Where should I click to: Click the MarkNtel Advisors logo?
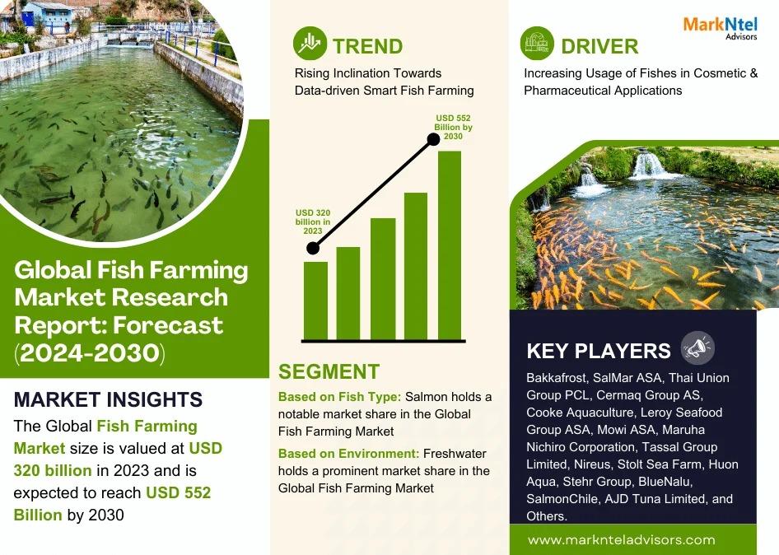pyautogui.click(x=720, y=28)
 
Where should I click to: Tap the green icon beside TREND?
pyautogui.click(x=310, y=43)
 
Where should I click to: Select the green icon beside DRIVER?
pyautogui.click(x=537, y=43)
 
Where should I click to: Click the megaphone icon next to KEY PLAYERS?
pyautogui.click(x=698, y=347)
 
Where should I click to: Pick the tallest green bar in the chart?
pyautogui.click(x=450, y=245)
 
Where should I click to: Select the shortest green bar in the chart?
pyautogui.click(x=315, y=301)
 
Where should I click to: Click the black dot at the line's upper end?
pyautogui.click(x=433, y=139)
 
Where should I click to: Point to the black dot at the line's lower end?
pyautogui.click(x=312, y=248)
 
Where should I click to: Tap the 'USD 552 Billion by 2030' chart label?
pyautogui.click(x=453, y=127)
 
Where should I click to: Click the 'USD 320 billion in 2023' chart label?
pyautogui.click(x=313, y=222)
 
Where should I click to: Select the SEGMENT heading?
pyautogui.click(x=329, y=371)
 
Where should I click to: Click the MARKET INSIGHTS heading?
pyautogui.click(x=109, y=399)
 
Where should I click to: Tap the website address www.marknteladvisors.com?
pyautogui.click(x=622, y=540)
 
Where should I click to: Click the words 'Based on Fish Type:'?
pyautogui.click(x=339, y=397)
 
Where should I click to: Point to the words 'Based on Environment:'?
pyautogui.click(x=349, y=454)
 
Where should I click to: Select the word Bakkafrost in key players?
pyautogui.click(x=557, y=378)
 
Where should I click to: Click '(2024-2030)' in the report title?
pyautogui.click(x=90, y=352)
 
